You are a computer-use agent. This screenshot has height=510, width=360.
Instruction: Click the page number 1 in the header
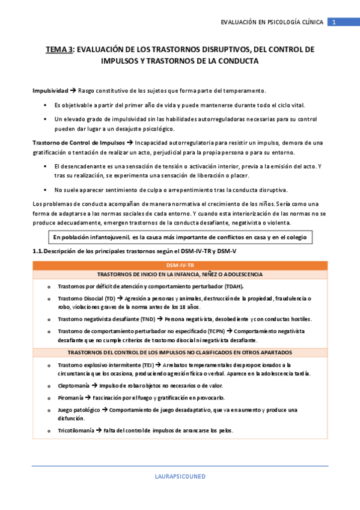coord(335,22)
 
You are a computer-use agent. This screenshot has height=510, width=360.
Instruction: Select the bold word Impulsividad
coord(50,91)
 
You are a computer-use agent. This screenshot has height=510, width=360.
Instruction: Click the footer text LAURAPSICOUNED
coord(180,476)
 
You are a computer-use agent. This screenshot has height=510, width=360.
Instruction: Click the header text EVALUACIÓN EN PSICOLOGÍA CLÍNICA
coord(272,22)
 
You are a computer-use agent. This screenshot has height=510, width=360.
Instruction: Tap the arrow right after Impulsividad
coord(73,91)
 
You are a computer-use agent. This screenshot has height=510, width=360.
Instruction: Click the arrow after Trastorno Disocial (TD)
coord(120,298)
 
